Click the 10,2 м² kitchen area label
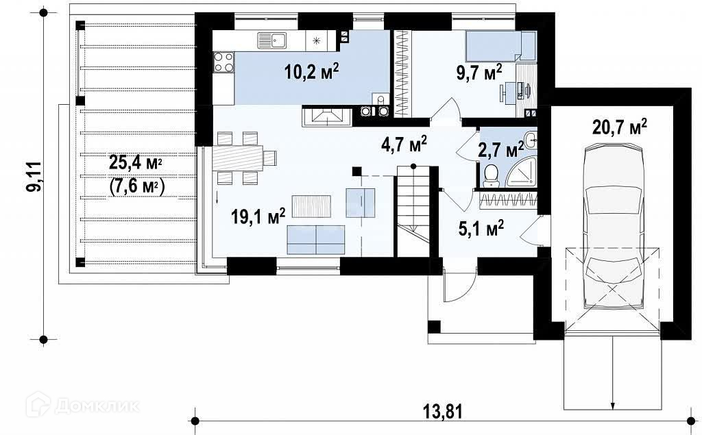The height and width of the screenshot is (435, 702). click(312, 71)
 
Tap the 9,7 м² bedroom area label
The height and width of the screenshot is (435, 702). click(479, 72)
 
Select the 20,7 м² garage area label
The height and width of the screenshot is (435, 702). click(620, 127)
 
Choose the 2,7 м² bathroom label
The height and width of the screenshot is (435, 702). click(501, 149)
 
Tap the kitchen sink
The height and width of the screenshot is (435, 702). click(272, 40)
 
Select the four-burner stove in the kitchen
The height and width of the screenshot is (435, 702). click(223, 62)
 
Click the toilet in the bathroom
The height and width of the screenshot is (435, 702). click(491, 175)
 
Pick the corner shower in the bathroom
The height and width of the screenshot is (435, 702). click(522, 173)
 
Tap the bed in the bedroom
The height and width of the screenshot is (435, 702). click(500, 46)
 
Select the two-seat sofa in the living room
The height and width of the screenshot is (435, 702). click(316, 240)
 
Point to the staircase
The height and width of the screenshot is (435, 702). click(412, 210)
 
